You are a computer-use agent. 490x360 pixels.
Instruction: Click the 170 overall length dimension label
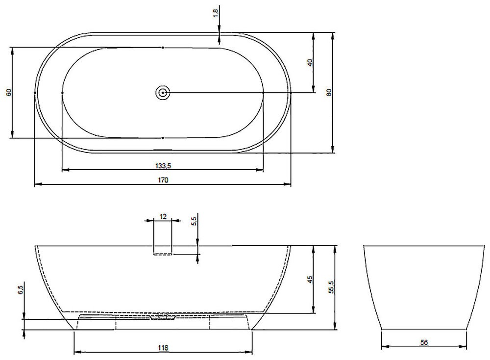(x=163, y=180)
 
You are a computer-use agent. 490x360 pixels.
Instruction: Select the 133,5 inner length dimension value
(x=163, y=166)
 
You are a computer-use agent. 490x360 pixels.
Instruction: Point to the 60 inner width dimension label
(x=8, y=92)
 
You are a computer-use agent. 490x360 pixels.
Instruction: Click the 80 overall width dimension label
(x=329, y=92)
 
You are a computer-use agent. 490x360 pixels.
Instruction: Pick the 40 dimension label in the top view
(x=310, y=63)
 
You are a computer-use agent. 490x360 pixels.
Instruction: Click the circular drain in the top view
(x=163, y=93)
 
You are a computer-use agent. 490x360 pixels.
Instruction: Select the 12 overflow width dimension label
(x=163, y=216)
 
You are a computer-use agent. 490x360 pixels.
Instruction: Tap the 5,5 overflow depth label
(x=194, y=221)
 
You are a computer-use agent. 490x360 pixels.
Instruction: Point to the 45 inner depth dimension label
(x=310, y=279)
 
